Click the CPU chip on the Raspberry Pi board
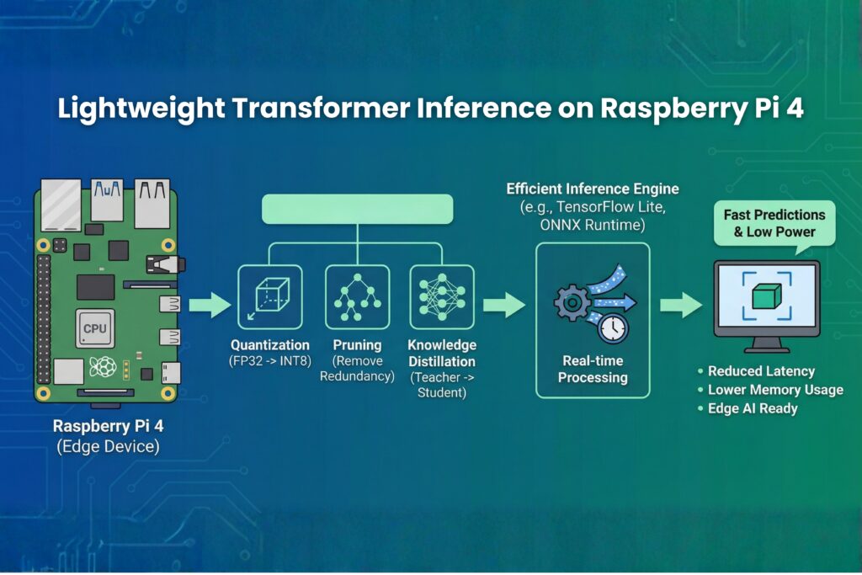[x=95, y=327]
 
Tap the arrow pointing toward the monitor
[x=679, y=305]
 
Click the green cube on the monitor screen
[x=766, y=296]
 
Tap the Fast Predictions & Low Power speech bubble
[x=774, y=223]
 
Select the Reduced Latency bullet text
[x=761, y=371]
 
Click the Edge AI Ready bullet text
[x=753, y=408]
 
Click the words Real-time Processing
[x=593, y=369]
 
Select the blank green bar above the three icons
[x=358, y=209]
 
